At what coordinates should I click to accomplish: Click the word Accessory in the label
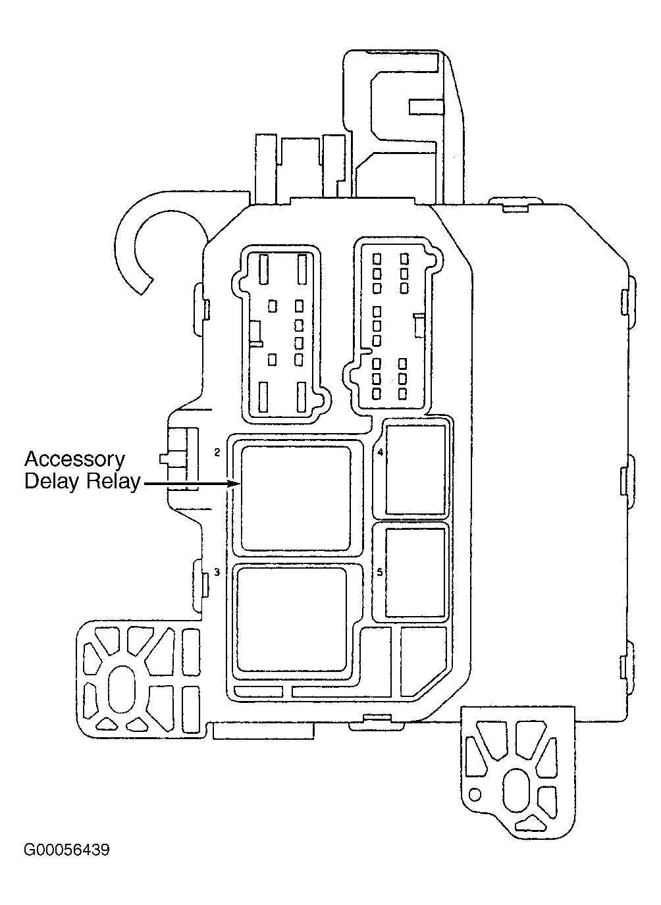tap(75, 459)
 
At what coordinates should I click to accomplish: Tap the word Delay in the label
tap(50, 482)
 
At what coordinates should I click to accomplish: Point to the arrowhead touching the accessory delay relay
tap(234, 483)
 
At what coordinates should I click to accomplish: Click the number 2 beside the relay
tap(217, 453)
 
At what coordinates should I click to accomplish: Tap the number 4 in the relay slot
tap(380, 453)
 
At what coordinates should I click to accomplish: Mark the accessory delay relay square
tap(296, 498)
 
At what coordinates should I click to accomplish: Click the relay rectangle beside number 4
tap(415, 469)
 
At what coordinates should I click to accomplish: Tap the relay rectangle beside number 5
tap(415, 573)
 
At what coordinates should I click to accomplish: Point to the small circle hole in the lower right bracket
tap(475, 795)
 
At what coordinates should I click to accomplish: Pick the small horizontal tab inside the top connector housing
tap(426, 107)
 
